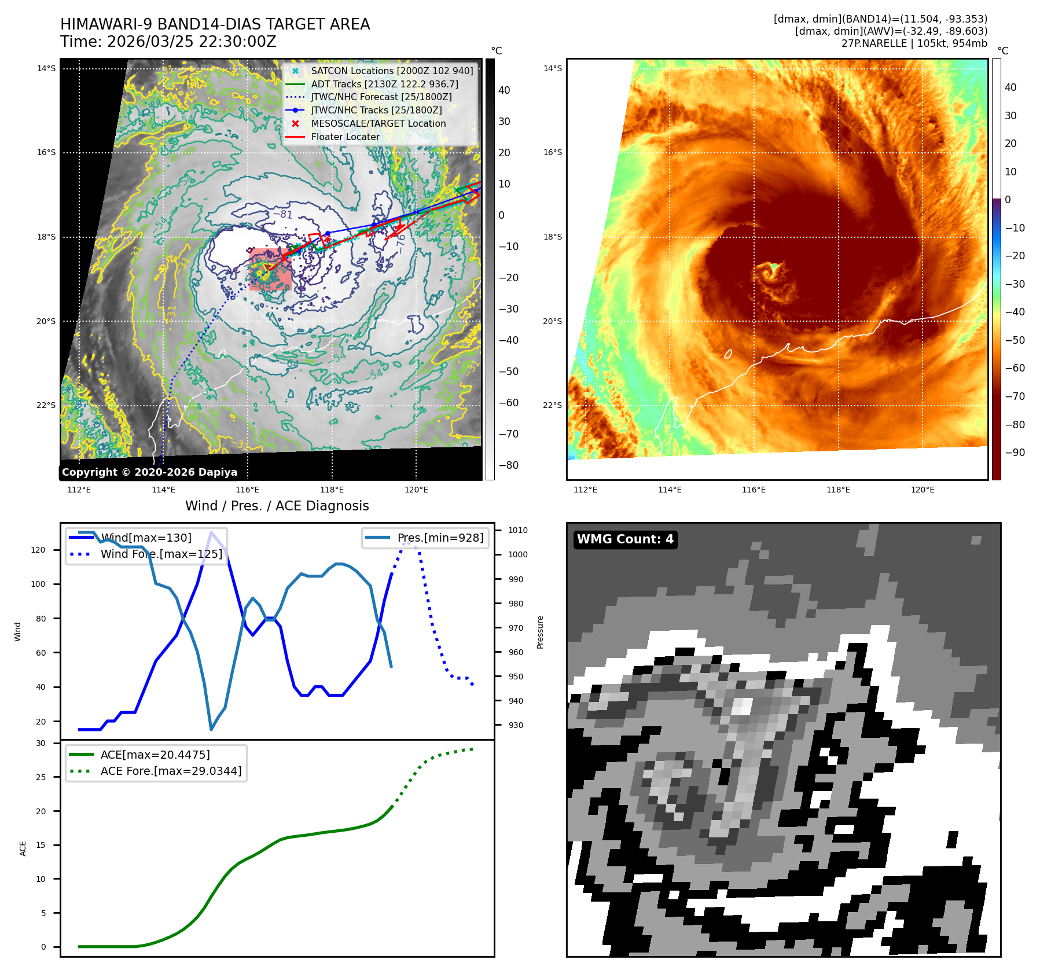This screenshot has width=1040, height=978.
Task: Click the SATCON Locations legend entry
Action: tap(392, 71)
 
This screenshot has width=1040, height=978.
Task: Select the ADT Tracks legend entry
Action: tap(384, 84)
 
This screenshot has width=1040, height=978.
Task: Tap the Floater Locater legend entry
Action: tap(346, 137)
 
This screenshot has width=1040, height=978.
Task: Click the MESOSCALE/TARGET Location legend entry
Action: tap(378, 123)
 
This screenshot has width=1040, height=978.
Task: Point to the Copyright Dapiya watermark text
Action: tap(149, 472)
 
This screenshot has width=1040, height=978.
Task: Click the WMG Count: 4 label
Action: tap(625, 539)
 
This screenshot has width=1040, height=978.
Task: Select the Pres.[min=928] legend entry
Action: tap(440, 538)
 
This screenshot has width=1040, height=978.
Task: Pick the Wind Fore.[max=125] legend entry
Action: tap(161, 554)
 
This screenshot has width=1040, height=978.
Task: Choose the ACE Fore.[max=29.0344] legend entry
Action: tap(171, 771)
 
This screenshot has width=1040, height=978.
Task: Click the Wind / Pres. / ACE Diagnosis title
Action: tap(277, 506)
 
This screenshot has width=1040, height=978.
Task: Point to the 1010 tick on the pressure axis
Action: tap(518, 530)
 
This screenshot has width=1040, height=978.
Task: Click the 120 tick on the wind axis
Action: tap(38, 550)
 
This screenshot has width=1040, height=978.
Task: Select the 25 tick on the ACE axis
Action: tap(41, 777)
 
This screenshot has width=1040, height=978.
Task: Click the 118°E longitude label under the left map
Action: tap(332, 490)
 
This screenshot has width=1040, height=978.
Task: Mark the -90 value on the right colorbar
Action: tap(1015, 453)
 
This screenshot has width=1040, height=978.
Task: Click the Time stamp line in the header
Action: tap(168, 42)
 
